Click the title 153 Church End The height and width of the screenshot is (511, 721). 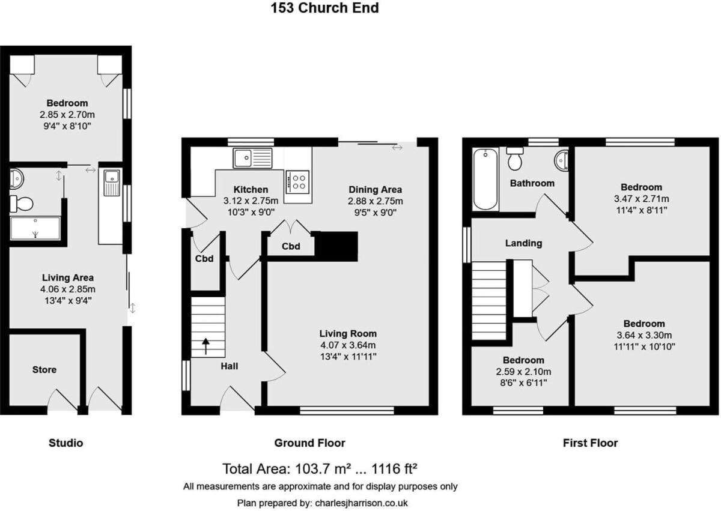click(x=324, y=8)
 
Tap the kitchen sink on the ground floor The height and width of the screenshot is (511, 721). click(x=252, y=158)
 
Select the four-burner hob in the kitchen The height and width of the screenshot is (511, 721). click(x=297, y=182)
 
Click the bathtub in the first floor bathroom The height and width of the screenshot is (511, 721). click(x=485, y=179)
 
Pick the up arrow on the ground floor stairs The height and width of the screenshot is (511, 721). click(x=205, y=346)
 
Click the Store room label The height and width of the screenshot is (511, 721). click(x=44, y=370)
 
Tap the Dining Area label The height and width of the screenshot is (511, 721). click(x=375, y=189)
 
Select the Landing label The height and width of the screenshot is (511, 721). click(x=523, y=243)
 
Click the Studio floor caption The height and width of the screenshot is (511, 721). click(x=65, y=443)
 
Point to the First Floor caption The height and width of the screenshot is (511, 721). click(x=590, y=443)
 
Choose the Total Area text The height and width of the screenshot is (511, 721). click(x=320, y=469)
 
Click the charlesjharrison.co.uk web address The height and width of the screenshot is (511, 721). click(x=361, y=503)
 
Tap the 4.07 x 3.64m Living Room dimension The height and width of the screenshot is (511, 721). click(x=348, y=345)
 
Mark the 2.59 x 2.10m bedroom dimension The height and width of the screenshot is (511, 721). click(x=523, y=372)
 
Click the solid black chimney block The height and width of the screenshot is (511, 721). click(x=336, y=246)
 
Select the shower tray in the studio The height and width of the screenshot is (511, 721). click(x=35, y=228)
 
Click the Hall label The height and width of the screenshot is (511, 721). click(x=229, y=366)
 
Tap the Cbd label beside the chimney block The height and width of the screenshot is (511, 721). click(x=291, y=246)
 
